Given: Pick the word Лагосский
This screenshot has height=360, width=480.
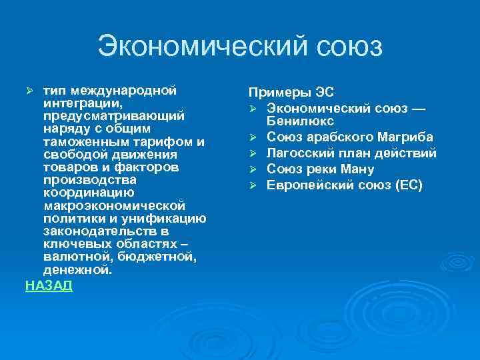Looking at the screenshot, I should pyautogui.click(x=296, y=153).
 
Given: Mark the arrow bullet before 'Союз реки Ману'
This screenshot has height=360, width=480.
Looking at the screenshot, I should pyautogui.click(x=253, y=169).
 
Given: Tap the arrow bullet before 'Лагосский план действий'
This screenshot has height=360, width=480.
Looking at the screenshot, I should pyautogui.click(x=253, y=153).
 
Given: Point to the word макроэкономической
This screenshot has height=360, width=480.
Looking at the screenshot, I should pyautogui.click(x=114, y=206).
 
